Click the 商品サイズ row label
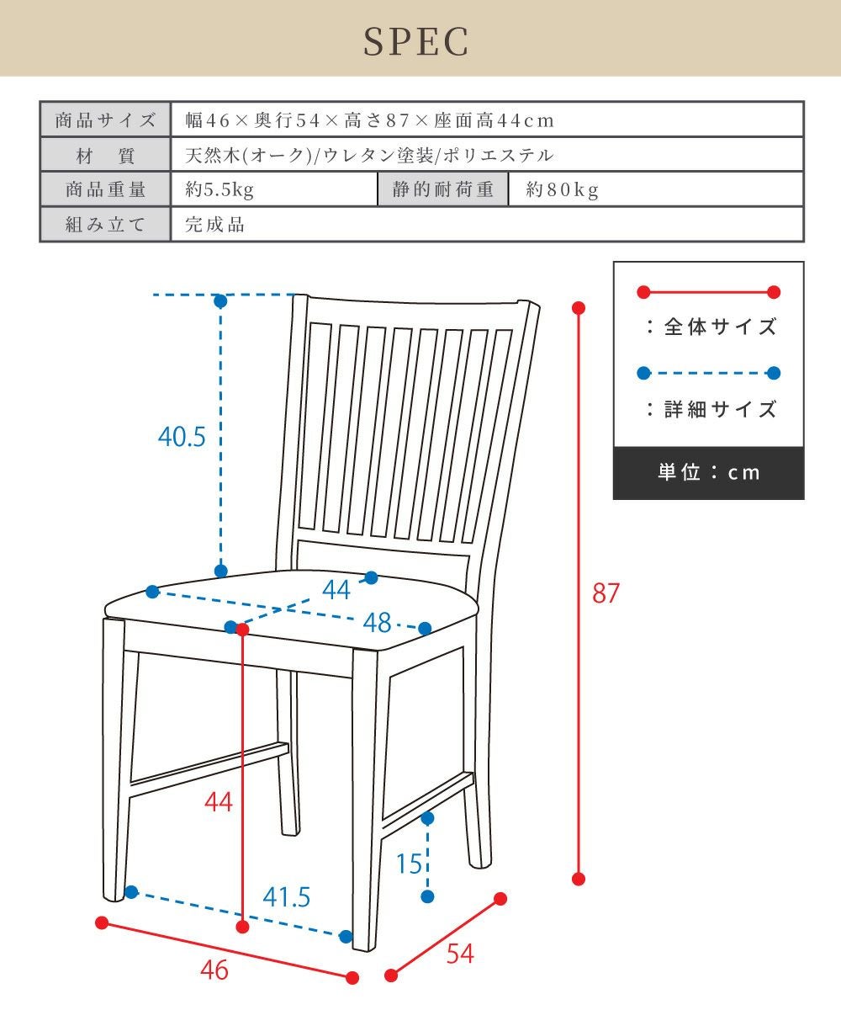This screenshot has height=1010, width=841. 105,120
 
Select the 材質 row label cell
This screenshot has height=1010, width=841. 105,156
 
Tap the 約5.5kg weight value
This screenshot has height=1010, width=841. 220,190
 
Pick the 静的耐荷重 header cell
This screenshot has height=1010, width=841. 443,190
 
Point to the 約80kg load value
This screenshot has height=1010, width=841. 563,190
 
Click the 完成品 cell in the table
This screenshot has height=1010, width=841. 215,225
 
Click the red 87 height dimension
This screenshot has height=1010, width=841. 606,593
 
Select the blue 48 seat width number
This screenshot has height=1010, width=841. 378,623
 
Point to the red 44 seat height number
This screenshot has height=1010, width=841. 219,802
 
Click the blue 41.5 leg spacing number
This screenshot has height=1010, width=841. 286,897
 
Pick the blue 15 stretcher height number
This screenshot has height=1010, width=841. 409,864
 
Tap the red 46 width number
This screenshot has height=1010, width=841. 214,970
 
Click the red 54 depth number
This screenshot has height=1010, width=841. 460,954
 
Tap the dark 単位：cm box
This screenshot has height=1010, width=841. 708,472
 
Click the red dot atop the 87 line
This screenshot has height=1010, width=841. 579,307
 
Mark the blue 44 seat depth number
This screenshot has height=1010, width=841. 336,590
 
